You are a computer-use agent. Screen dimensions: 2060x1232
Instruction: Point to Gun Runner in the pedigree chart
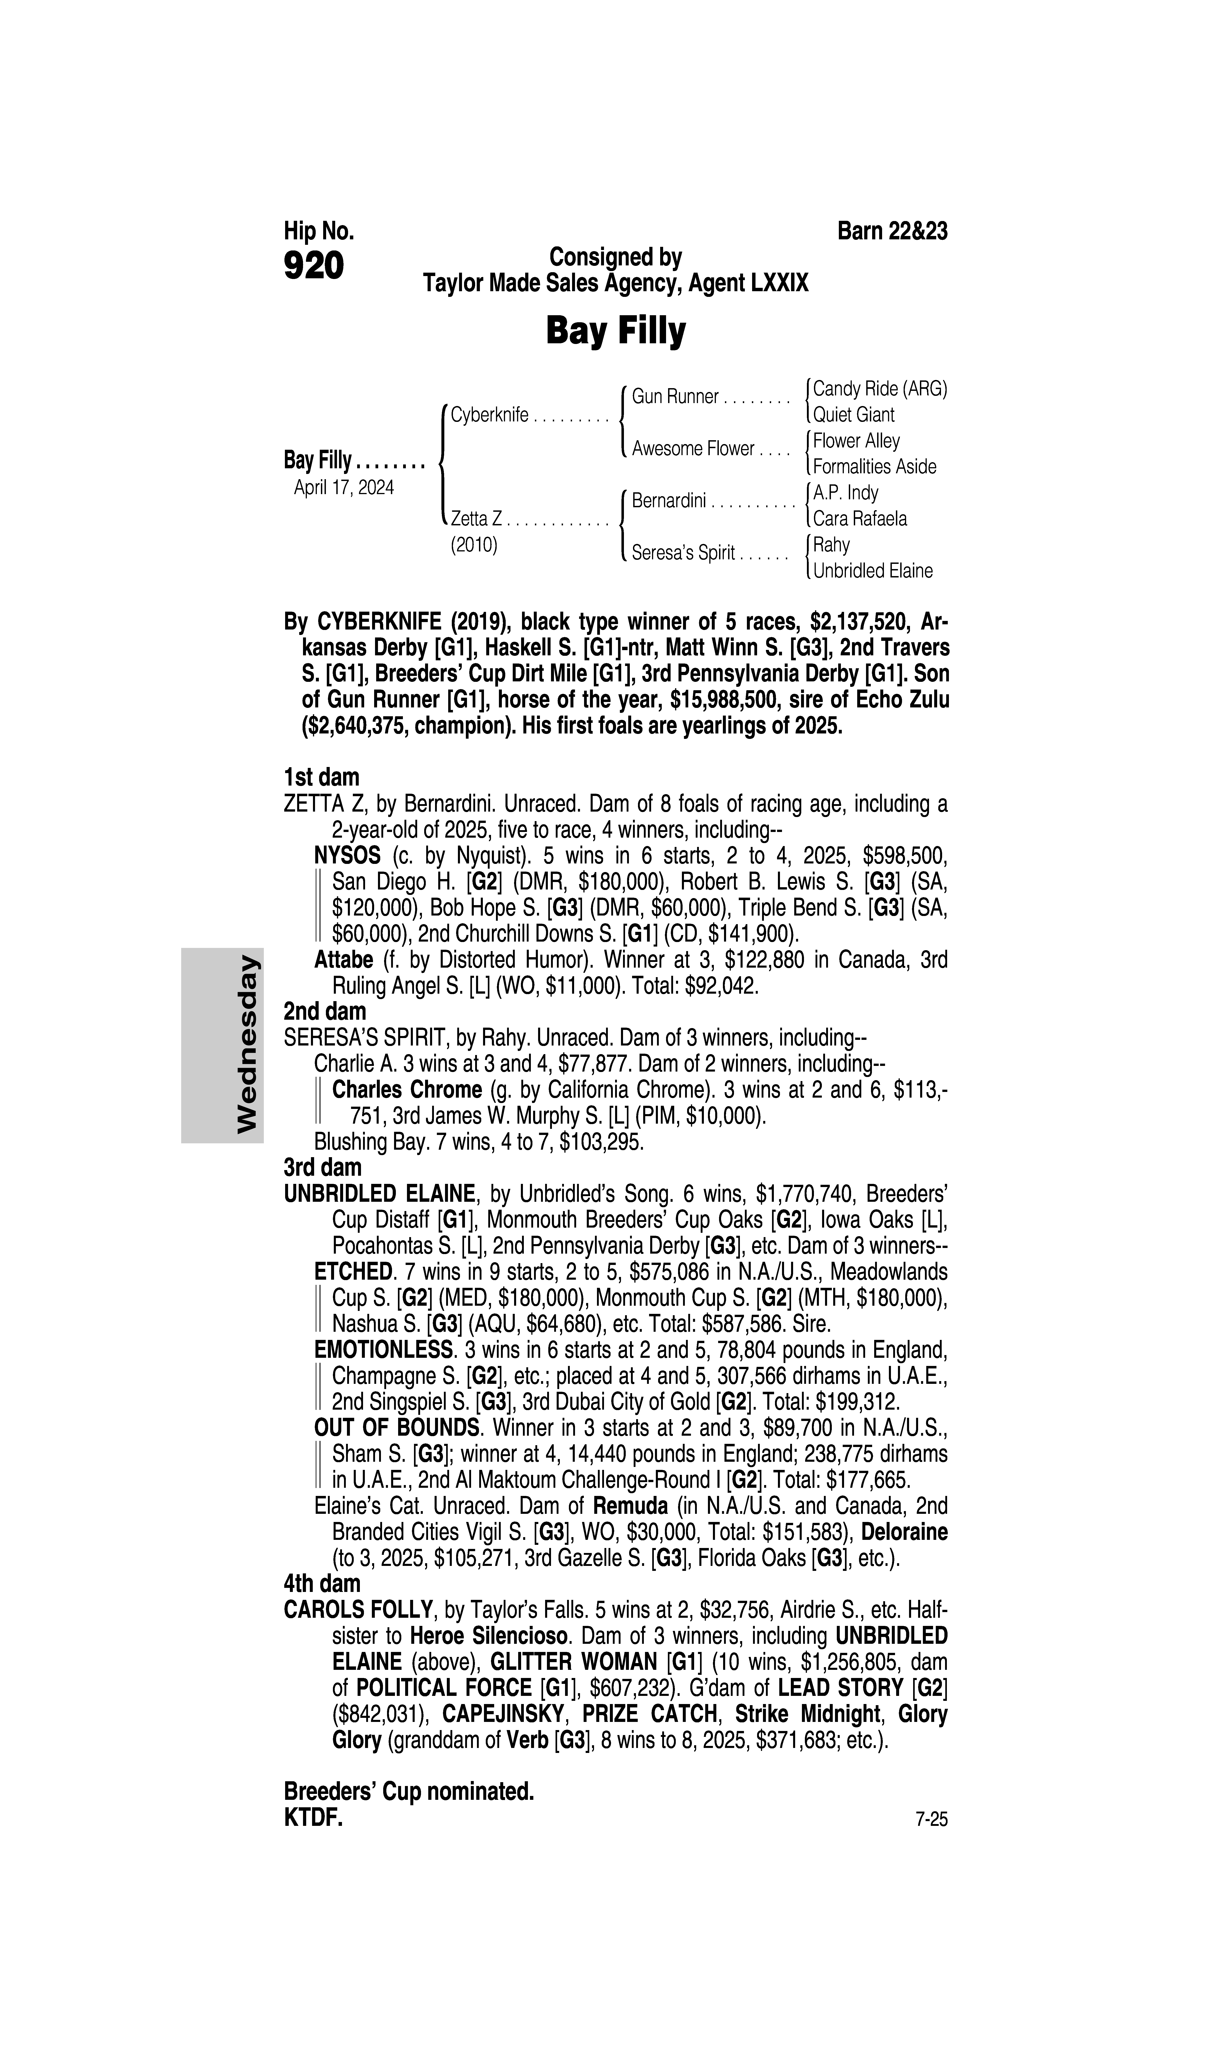pos(675,397)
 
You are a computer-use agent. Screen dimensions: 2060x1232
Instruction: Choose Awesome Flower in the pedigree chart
pos(692,449)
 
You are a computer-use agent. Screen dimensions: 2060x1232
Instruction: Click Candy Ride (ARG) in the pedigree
pos(879,388)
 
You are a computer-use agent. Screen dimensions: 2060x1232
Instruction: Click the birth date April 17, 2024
pos(344,487)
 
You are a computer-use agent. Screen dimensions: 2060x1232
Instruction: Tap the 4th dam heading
pos(322,1583)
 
